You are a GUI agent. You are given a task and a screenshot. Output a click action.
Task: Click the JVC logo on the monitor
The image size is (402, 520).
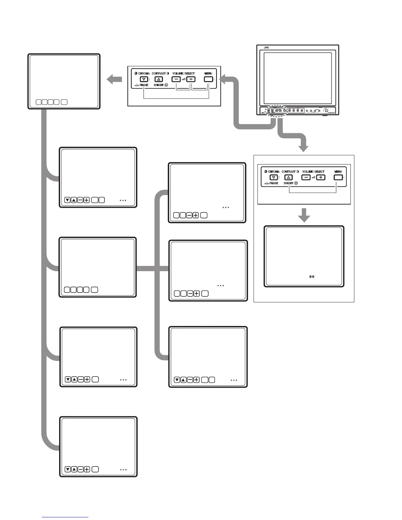tap(266, 48)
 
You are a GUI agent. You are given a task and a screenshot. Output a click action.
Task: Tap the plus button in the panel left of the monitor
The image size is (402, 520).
tap(191, 79)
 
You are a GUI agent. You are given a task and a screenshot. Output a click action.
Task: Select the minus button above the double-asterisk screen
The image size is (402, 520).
tap(306, 177)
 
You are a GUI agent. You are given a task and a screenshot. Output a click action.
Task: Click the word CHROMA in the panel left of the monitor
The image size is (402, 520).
tap(144, 74)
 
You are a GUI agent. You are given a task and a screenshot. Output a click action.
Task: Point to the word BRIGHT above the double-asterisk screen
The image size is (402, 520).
tap(288, 183)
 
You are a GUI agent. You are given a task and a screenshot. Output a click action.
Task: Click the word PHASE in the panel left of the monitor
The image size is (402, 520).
tap(144, 85)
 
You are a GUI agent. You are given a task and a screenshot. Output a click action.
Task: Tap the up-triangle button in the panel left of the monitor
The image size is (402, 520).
tap(158, 79)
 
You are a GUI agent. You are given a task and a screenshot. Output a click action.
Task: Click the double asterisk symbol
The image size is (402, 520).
tap(312, 277)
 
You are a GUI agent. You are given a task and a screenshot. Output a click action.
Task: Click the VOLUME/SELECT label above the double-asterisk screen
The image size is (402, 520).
tap(313, 172)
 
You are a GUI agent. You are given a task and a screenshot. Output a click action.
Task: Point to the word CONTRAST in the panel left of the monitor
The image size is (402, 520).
tap(159, 74)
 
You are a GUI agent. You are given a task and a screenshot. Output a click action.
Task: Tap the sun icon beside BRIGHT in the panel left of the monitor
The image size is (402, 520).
tap(166, 85)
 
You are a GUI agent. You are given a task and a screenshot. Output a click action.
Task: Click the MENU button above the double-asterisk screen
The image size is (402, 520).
tap(338, 177)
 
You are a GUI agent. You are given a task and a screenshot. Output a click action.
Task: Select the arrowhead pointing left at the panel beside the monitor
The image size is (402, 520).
tap(223, 79)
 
